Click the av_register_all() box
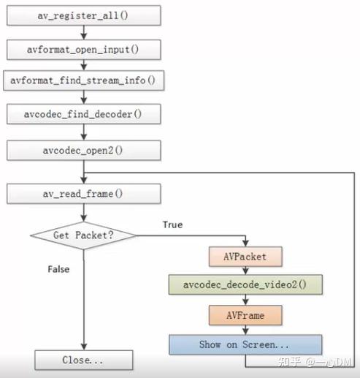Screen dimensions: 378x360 84,15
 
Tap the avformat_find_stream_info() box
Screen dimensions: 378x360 84,80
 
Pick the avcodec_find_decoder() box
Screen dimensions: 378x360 84,116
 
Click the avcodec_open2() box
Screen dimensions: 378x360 84,151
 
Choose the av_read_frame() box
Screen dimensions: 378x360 84,194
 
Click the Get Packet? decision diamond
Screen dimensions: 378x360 84,235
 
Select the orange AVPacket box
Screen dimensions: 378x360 245,258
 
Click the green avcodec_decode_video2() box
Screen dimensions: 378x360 245,286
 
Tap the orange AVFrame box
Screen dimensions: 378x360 245,315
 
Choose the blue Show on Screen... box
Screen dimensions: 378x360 245,344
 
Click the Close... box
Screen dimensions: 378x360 84,360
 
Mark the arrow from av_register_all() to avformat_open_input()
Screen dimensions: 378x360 84,31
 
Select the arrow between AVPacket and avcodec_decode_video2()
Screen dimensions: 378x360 245,272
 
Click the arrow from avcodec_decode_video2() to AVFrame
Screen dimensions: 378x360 245,300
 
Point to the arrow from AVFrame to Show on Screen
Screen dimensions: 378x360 245,329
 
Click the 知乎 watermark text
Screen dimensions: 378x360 291,361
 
